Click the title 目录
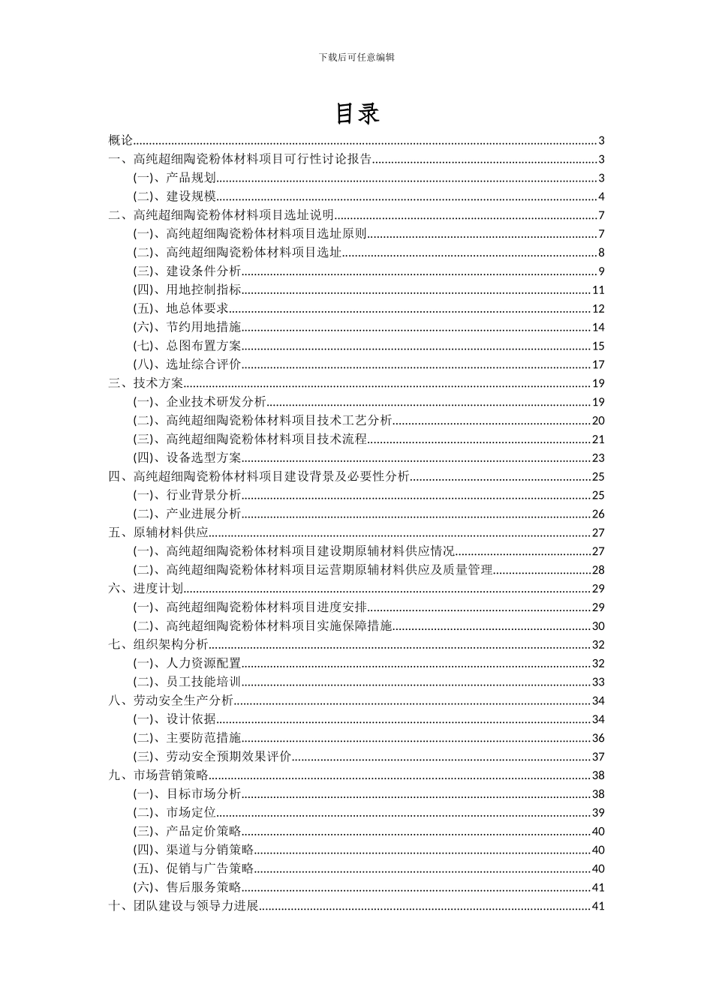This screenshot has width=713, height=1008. [356, 113]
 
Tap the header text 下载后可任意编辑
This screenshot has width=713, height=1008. [356, 56]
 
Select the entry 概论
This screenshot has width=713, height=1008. [120, 140]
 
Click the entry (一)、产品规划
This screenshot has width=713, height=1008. [175, 178]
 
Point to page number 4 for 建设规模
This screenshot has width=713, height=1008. [601, 196]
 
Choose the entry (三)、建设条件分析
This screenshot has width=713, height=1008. [188, 271]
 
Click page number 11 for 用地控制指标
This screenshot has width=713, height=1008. [598, 290]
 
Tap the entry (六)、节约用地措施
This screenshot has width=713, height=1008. [188, 327]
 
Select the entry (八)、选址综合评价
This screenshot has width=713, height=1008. [188, 364]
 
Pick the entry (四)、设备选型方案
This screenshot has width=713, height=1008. [188, 457]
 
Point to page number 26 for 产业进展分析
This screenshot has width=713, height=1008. [598, 514]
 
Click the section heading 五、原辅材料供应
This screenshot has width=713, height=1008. [158, 532]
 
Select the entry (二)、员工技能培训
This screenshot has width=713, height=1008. [188, 682]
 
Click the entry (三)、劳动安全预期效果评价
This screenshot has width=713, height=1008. [212, 757]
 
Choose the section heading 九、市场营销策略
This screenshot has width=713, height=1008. [158, 775]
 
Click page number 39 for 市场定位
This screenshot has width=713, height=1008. [598, 812]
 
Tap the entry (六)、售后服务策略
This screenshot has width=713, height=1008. [188, 887]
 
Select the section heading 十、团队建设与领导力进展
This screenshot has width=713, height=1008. [184, 906]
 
